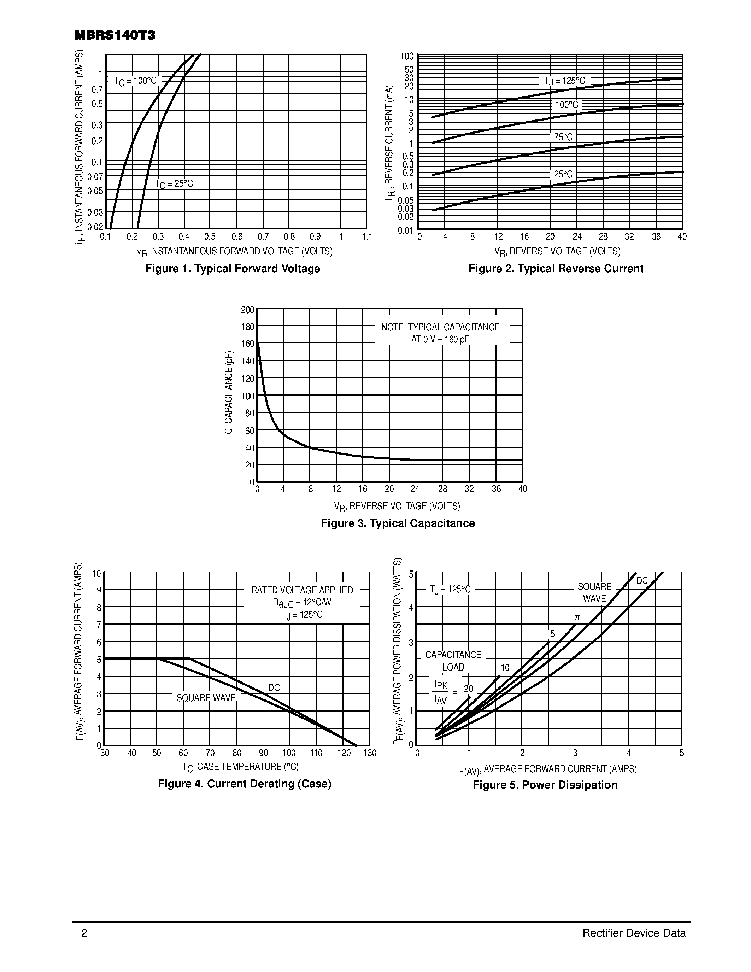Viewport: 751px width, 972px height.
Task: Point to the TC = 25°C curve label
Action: (x=174, y=183)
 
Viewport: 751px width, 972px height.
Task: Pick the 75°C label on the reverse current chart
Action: (x=563, y=137)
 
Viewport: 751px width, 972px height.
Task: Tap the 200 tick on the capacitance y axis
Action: (x=248, y=310)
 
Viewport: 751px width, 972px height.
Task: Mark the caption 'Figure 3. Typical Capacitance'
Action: (x=398, y=523)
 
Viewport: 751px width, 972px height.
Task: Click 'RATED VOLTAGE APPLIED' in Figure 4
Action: (x=302, y=590)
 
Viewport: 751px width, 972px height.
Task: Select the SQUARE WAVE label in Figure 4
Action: (x=206, y=698)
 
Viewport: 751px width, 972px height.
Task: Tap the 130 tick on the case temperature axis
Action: (x=370, y=753)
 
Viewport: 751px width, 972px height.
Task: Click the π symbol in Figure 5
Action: (x=577, y=617)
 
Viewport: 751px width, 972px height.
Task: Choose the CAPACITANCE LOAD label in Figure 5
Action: (x=453, y=661)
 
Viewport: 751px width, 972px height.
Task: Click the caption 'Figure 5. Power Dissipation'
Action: (x=545, y=785)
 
